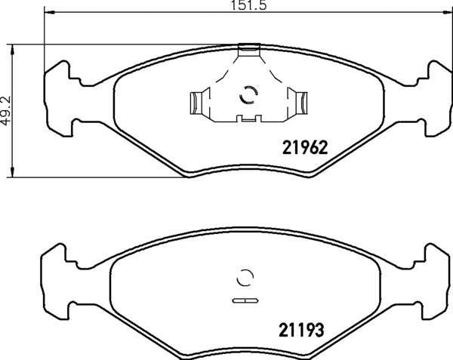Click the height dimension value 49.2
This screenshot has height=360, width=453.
click(x=6, y=110)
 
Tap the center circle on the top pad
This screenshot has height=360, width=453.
click(x=248, y=95)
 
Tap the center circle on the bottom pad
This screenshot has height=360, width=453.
click(x=245, y=278)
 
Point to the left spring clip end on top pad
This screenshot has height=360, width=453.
click(x=196, y=103)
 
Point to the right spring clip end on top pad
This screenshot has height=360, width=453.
click(x=301, y=103)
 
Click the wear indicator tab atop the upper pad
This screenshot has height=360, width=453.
click(x=248, y=50)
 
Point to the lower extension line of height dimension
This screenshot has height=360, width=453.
click(x=98, y=178)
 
